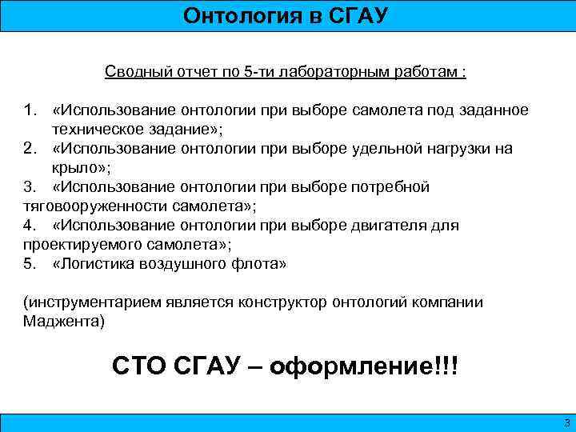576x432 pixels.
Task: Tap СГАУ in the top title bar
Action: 357,15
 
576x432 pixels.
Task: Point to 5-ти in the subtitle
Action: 262,72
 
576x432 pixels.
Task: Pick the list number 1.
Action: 29,110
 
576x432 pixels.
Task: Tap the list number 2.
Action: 29,148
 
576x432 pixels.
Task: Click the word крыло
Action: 75,167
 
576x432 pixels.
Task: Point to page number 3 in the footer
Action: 566,422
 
